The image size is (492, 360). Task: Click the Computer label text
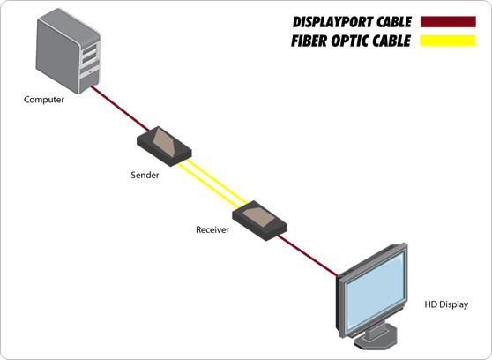pyautogui.click(x=44, y=100)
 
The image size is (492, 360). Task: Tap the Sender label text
pyautogui.click(x=145, y=175)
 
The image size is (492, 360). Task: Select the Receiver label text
pyautogui.click(x=212, y=229)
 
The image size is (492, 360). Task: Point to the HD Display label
pyautogui.click(x=445, y=304)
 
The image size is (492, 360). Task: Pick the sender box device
pyautogui.click(x=162, y=145)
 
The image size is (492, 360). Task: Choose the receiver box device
pyautogui.click(x=258, y=216)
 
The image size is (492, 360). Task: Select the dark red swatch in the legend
pyautogui.click(x=449, y=22)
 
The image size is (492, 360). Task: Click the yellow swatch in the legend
pyautogui.click(x=449, y=41)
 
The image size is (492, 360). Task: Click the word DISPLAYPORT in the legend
pyautogui.click(x=333, y=22)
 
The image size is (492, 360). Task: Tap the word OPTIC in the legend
pyautogui.click(x=351, y=41)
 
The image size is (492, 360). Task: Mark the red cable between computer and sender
pyautogui.click(x=115, y=110)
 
